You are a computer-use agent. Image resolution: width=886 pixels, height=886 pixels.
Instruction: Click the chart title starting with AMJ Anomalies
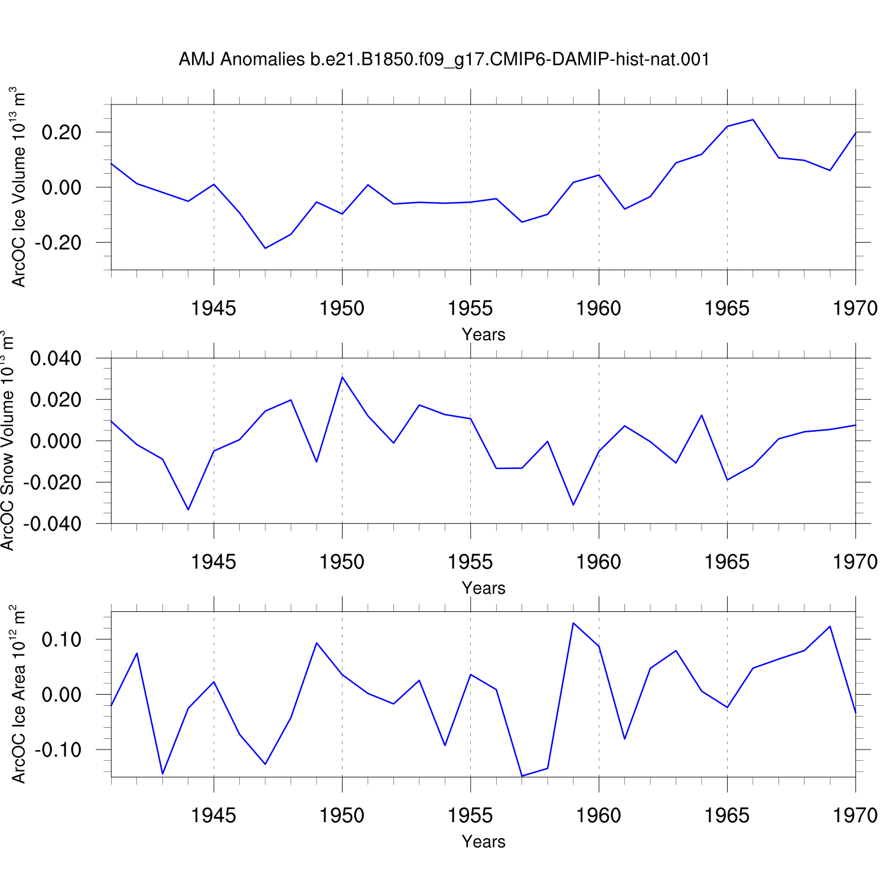[444, 60]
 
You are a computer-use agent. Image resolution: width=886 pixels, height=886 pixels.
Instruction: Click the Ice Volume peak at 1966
[753, 120]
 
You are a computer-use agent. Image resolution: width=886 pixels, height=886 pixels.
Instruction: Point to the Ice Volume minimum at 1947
[265, 248]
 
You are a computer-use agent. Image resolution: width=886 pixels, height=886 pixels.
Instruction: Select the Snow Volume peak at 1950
[342, 377]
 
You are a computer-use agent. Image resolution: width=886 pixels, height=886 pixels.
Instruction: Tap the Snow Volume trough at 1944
[188, 510]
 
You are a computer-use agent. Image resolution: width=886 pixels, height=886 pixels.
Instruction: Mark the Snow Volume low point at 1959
[573, 505]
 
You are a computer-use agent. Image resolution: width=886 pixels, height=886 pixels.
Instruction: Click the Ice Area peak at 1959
[573, 623]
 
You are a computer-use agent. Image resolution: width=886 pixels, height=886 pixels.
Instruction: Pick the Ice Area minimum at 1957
[522, 776]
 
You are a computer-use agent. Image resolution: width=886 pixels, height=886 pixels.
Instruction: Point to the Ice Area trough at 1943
[162, 774]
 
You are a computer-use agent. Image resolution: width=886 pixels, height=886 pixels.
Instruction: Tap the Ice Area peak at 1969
[830, 626]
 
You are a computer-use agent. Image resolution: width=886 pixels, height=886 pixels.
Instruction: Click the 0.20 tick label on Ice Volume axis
[61, 132]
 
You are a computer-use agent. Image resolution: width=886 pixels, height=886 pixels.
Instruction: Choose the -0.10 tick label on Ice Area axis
[58, 750]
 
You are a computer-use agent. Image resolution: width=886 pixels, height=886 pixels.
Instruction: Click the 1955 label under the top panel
[470, 308]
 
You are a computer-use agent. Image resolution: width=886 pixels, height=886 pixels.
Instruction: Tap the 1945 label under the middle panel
[213, 562]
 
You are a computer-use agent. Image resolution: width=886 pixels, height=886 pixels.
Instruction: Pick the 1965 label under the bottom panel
[727, 816]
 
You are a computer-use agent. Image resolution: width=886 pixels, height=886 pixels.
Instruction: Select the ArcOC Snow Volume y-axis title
[7, 441]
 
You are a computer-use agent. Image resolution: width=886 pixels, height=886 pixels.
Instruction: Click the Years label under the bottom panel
[484, 842]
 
